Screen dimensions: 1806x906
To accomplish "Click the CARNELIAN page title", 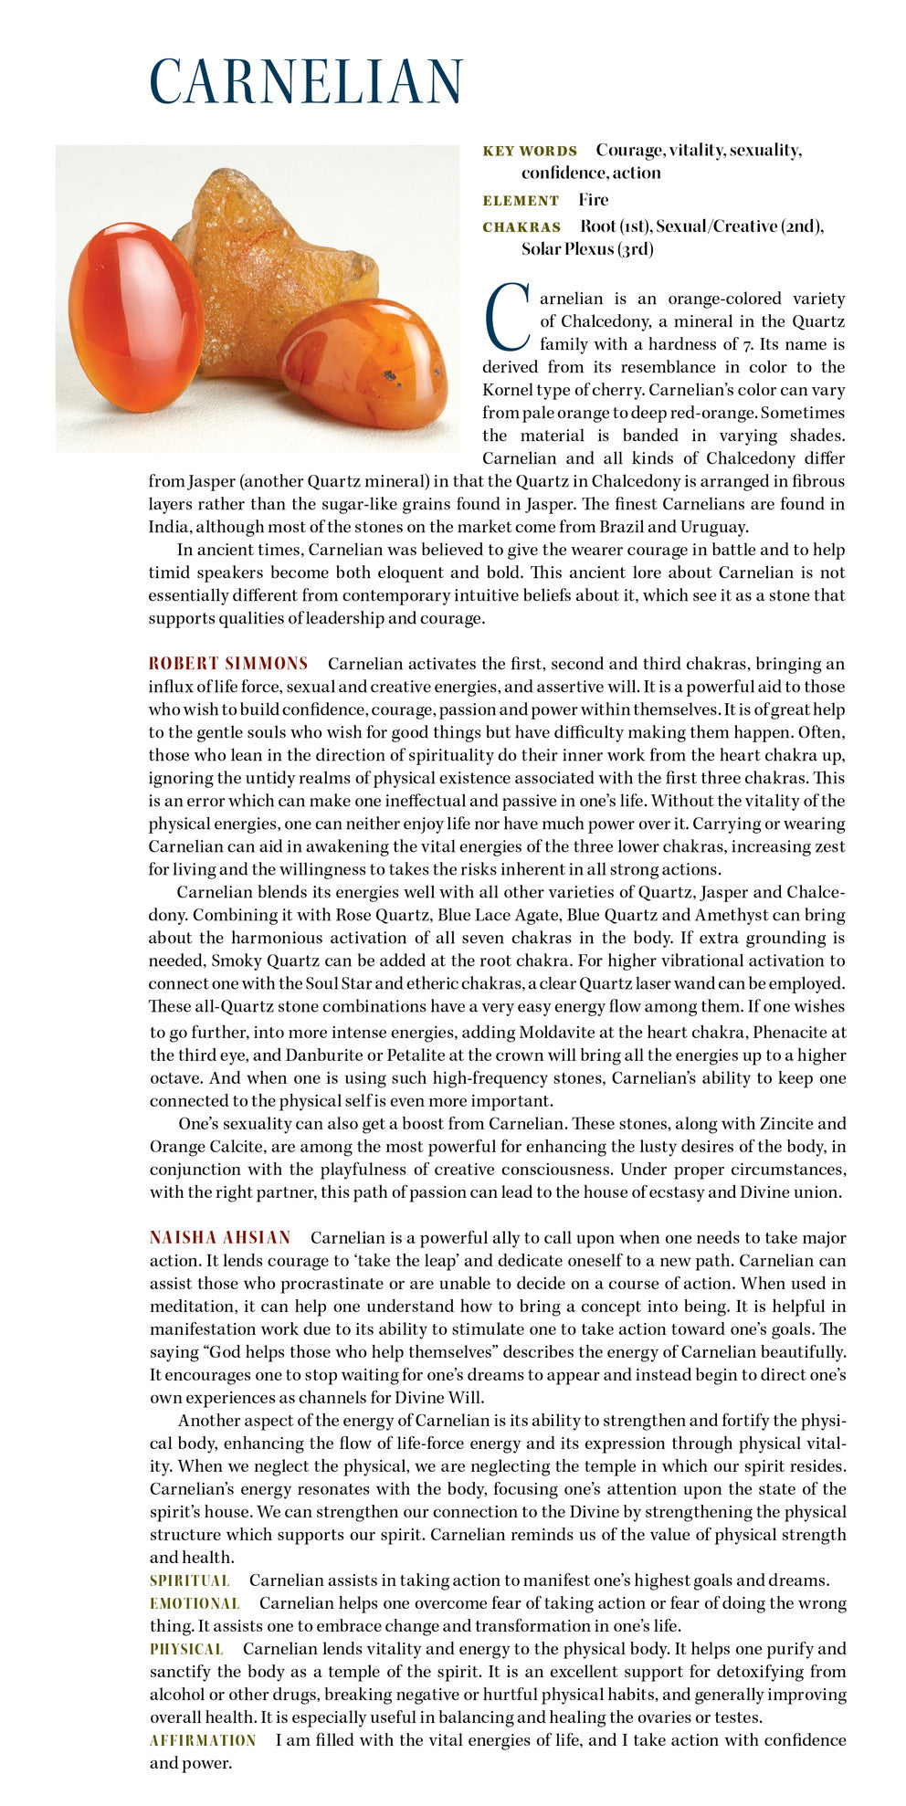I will [306, 81].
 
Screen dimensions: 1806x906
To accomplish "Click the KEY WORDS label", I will [530, 151].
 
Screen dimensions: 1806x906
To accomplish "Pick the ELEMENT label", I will [521, 201].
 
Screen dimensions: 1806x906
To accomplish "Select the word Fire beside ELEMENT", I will [593, 200].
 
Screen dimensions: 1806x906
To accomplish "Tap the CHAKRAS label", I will [521, 226].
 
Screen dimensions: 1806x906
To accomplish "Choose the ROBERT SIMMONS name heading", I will [228, 664].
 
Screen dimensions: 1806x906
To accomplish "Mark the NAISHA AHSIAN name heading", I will [220, 1238].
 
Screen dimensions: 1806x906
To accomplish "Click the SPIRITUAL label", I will [190, 1580].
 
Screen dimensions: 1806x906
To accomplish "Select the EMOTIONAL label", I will [195, 1603].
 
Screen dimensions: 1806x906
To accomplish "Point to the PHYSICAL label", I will [186, 1649].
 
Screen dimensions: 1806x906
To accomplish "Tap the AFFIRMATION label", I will [203, 1740].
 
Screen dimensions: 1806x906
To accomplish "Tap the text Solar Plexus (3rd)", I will [587, 248].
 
